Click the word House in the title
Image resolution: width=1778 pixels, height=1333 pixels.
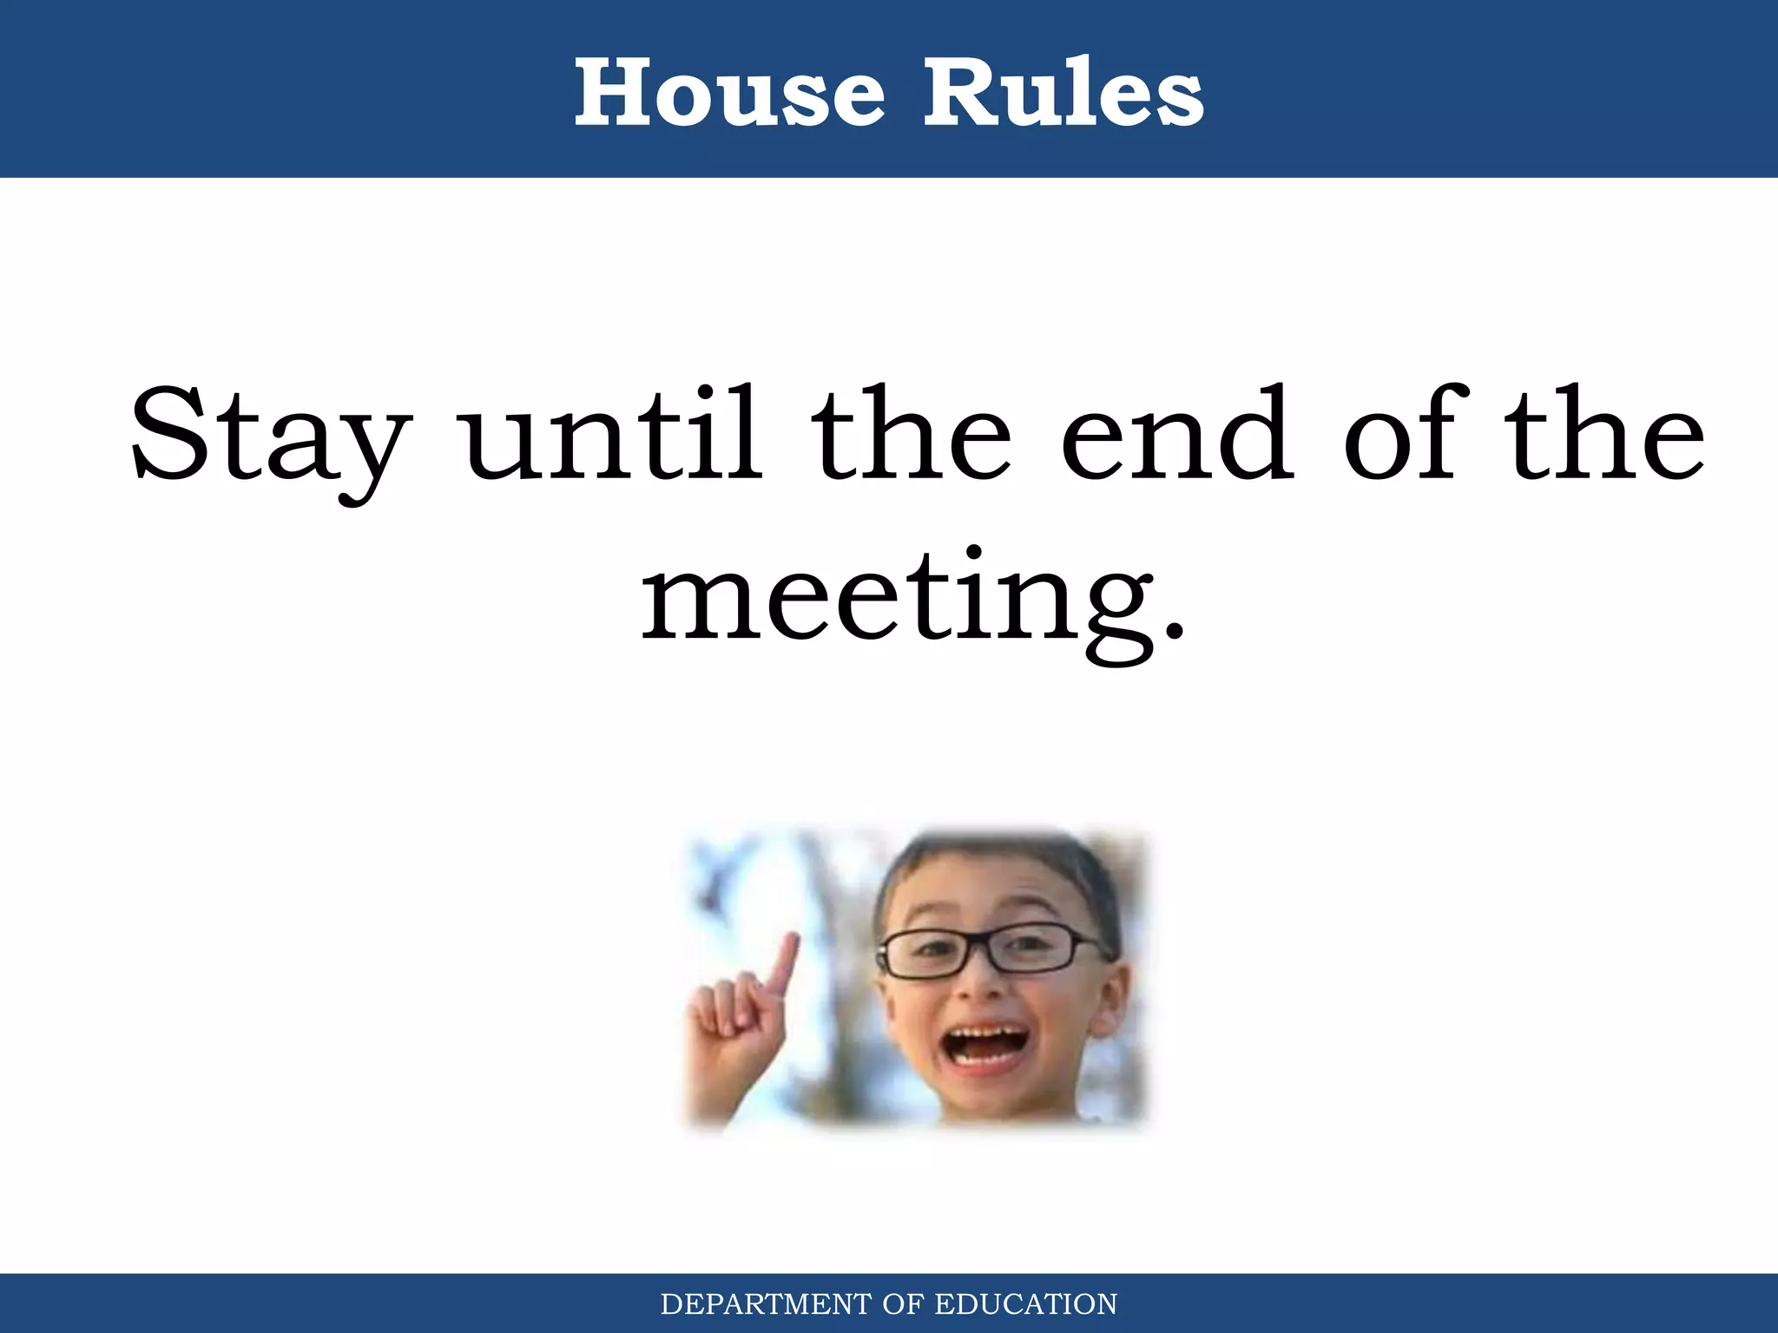click(x=729, y=92)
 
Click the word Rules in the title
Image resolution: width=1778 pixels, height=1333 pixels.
click(x=1063, y=92)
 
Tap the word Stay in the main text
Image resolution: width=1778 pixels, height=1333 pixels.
click(x=269, y=438)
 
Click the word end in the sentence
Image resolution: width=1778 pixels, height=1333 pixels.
click(x=1178, y=434)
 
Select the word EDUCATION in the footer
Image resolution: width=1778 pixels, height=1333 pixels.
click(x=1025, y=1304)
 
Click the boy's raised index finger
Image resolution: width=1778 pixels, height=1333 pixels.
click(x=786, y=963)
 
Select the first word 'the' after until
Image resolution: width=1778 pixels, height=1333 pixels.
click(x=912, y=434)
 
